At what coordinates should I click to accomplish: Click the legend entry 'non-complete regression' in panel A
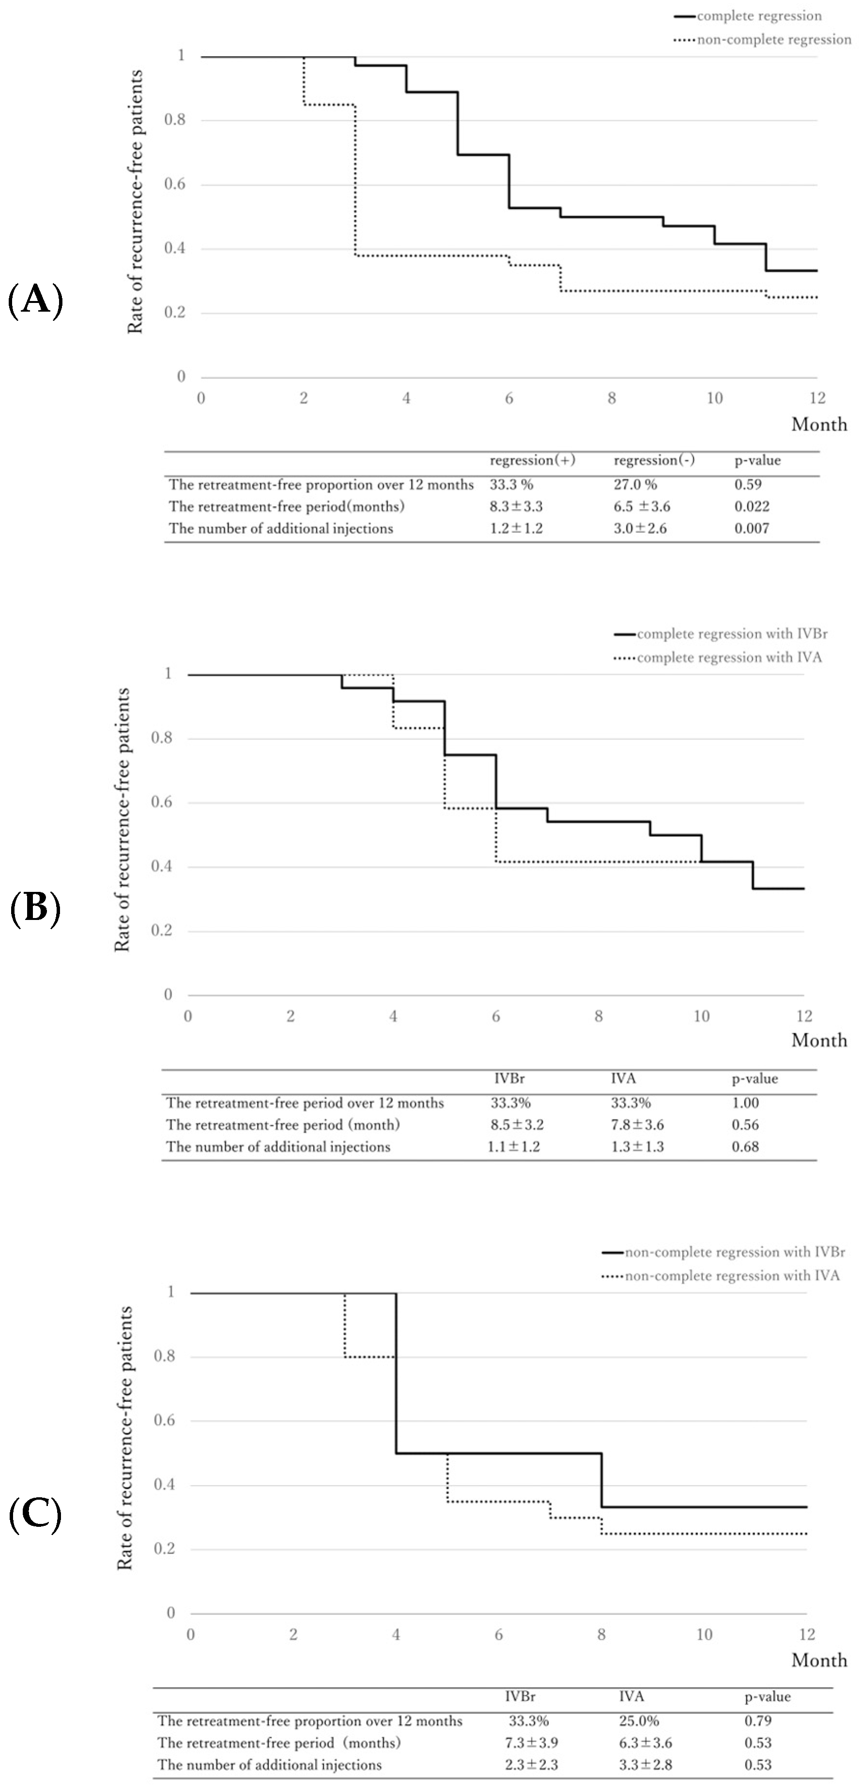773,40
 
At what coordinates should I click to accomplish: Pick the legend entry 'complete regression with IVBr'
732,634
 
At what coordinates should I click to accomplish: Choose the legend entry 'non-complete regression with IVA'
732,1276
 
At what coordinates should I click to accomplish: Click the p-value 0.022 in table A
752,506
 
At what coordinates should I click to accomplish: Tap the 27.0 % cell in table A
635,484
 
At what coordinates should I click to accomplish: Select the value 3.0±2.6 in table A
640,528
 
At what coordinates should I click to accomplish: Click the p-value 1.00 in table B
745,1102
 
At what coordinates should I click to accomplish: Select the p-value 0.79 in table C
757,1720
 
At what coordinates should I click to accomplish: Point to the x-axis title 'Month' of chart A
818,424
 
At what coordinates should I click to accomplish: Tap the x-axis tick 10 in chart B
701,1016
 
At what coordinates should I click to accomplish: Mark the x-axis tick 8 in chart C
602,1634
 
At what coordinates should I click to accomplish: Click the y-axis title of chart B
122,819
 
